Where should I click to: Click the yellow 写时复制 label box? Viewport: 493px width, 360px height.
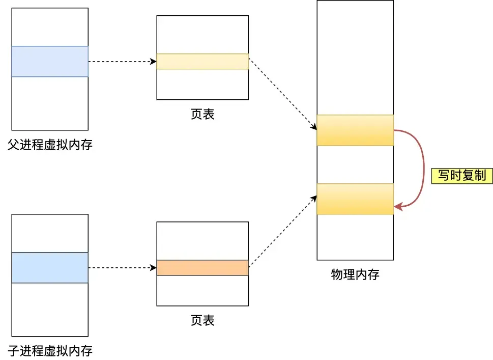(x=462, y=176)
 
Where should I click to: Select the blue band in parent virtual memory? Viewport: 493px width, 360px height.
(x=50, y=62)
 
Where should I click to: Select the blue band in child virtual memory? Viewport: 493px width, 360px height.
(x=50, y=268)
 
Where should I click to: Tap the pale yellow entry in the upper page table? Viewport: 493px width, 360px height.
(x=202, y=62)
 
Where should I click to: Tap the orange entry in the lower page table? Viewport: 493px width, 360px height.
(x=202, y=268)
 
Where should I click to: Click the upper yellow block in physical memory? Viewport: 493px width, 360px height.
(x=355, y=130)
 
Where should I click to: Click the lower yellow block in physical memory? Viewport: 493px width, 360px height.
(x=355, y=199)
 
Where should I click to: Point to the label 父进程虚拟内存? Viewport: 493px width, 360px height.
(x=50, y=145)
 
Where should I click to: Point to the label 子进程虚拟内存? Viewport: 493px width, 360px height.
(x=50, y=351)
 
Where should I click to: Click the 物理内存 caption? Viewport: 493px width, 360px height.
(x=355, y=275)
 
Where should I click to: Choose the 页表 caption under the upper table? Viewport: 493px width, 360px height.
(x=202, y=115)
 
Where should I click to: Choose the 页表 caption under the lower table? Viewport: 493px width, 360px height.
(x=202, y=321)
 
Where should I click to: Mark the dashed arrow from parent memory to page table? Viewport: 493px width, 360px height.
(x=122, y=62)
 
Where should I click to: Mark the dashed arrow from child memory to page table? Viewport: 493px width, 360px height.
(x=122, y=268)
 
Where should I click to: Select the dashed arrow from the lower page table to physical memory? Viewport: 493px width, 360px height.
(x=282, y=231)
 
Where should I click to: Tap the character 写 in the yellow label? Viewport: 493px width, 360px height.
(x=444, y=176)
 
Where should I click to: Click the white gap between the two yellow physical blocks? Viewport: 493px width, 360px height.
(x=355, y=164)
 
